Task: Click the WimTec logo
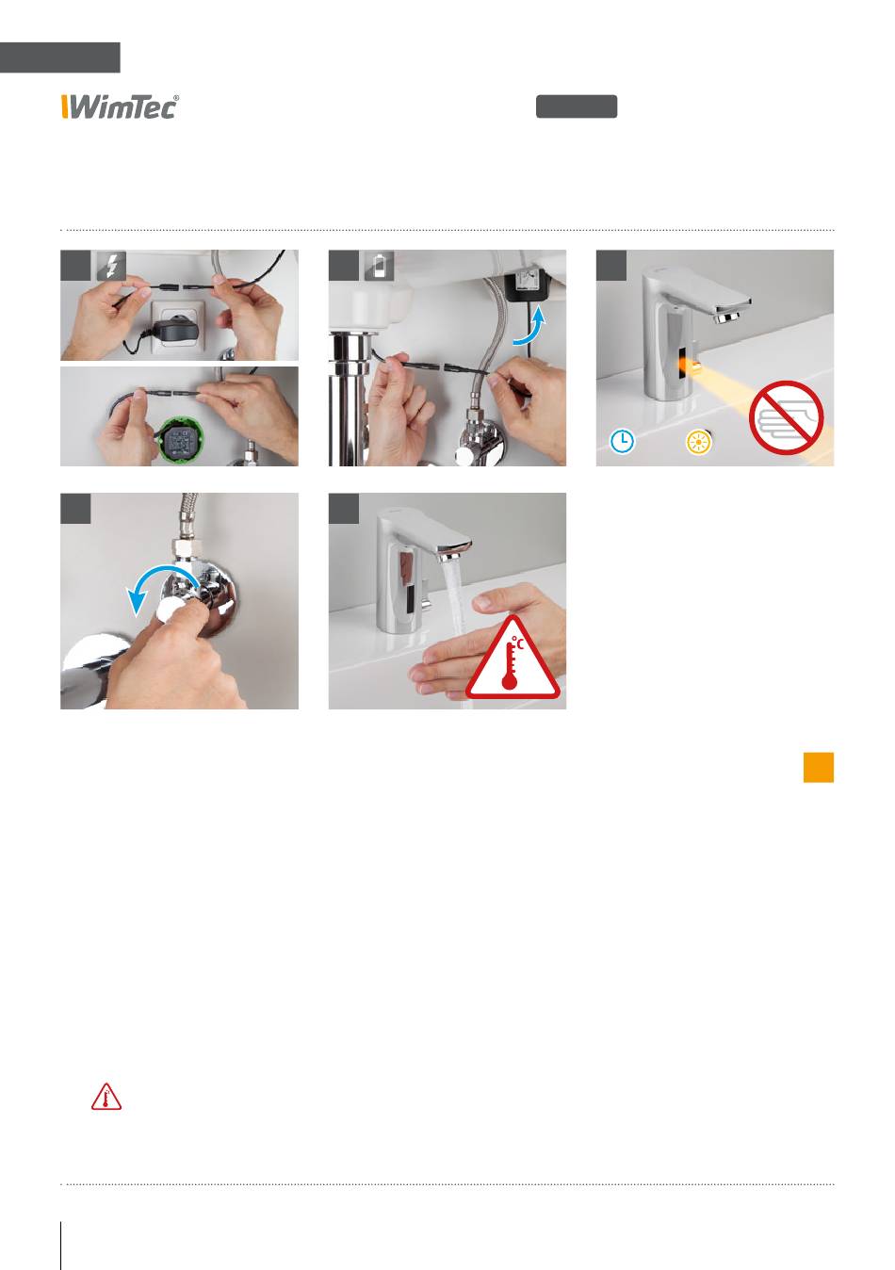click(121, 106)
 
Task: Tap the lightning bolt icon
click(112, 266)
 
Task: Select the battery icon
click(380, 266)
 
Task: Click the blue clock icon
click(622, 441)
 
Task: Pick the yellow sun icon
click(699, 442)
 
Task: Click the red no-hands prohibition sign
click(786, 417)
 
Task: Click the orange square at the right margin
click(819, 767)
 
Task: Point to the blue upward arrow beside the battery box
click(531, 328)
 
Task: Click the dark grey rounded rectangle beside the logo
click(577, 106)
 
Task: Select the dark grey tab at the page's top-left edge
click(60, 57)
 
